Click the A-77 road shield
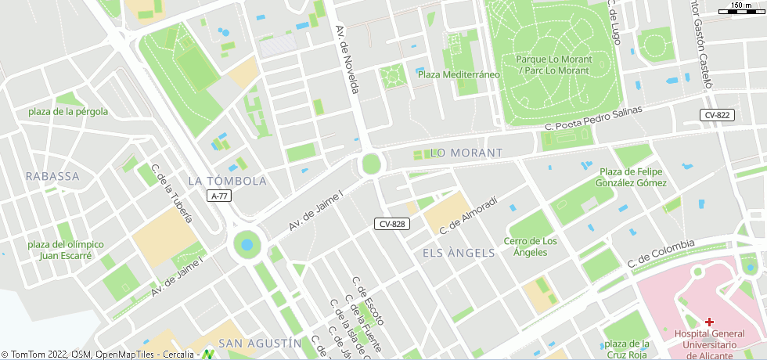tap(220, 196)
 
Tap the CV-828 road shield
tap(391, 224)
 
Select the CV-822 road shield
tap(717, 115)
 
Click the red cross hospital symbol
tap(710, 322)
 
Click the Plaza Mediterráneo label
tap(458, 74)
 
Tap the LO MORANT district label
tap(466, 152)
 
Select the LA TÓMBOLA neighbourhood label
tap(228, 181)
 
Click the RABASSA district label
tap(52, 176)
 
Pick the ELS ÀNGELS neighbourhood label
tap(459, 253)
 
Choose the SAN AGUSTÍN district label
tap(259, 343)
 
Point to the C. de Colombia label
tap(661, 251)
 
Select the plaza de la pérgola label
tap(68, 111)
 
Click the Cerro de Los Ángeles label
tap(531, 247)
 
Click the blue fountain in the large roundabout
tap(247, 245)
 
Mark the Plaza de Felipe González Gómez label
tap(633, 177)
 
